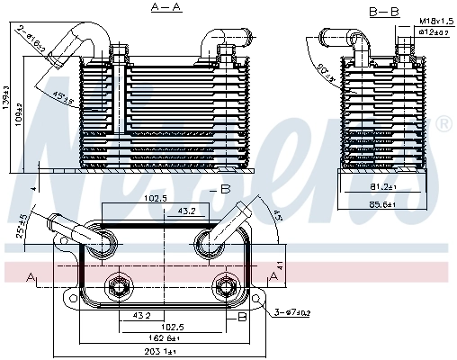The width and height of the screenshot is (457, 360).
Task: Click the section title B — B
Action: point(383,11)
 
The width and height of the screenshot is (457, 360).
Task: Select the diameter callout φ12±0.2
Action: point(434,31)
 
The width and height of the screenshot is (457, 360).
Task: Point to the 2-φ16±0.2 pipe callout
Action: point(32,36)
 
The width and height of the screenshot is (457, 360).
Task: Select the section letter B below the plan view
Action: point(242,318)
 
